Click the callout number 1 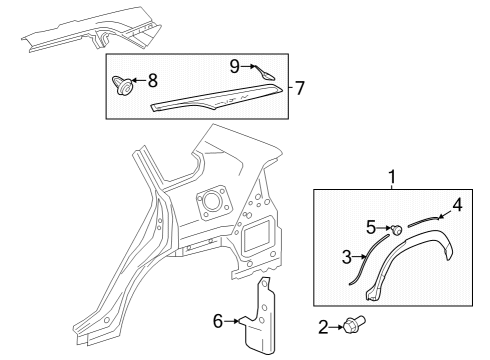(x=392, y=177)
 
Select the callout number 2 (x=323, y=327)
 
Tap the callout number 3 (x=347, y=257)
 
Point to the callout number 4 (x=458, y=205)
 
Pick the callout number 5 (x=371, y=228)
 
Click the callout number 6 (x=218, y=321)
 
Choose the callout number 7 (x=300, y=88)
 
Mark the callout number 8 (x=153, y=80)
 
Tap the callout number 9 (x=235, y=66)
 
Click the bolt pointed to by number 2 (x=355, y=323)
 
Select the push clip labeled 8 (x=122, y=86)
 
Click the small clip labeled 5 (x=396, y=230)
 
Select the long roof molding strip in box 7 (x=217, y=98)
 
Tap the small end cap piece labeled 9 (x=264, y=73)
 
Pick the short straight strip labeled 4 (x=423, y=221)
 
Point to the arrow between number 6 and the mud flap (x=232, y=321)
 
